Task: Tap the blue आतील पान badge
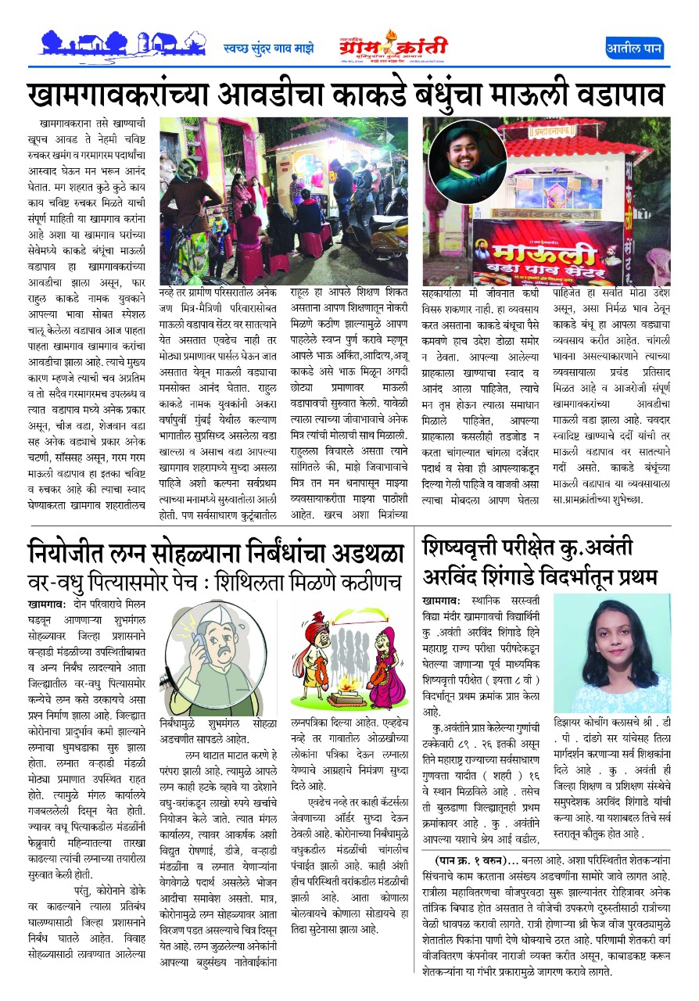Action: [634, 49]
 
